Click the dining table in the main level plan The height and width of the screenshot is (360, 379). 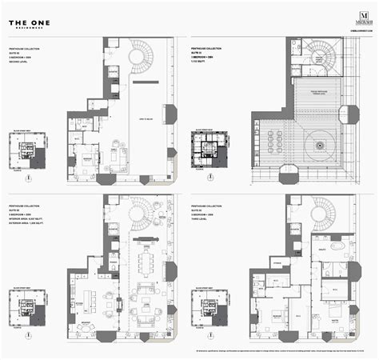pyautogui.click(x=146, y=263)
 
